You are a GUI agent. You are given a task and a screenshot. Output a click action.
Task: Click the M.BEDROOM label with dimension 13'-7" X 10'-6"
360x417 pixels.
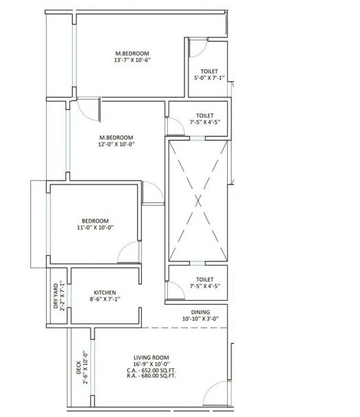131,53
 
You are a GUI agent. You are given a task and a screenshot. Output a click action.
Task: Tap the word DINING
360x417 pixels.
200,311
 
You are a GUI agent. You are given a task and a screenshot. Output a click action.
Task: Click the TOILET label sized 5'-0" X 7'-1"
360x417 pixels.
209,71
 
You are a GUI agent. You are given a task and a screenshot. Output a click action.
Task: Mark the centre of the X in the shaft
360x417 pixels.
198,201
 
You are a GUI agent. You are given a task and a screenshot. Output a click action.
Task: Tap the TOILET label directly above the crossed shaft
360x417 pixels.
204,116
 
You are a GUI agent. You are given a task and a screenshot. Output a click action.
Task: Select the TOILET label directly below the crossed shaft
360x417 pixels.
204,279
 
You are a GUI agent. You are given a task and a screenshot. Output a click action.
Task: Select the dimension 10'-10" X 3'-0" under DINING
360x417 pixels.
200,319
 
